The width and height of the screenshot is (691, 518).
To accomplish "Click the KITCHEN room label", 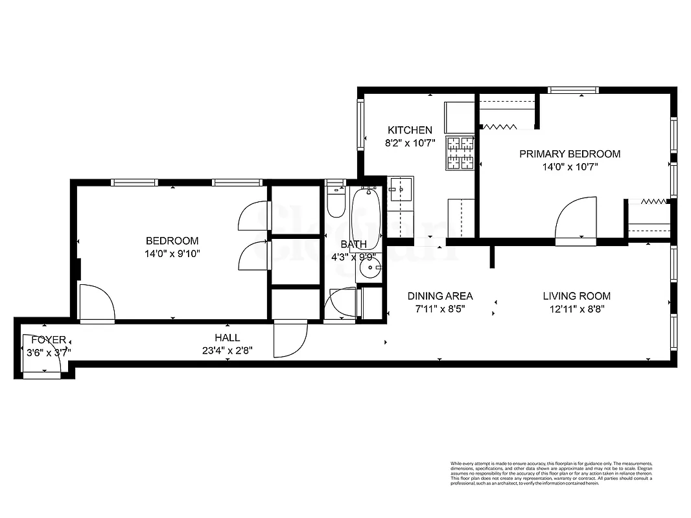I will point(410,130).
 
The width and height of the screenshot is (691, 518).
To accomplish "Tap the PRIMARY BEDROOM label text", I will point(570,154).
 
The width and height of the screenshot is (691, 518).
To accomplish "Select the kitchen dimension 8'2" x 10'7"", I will point(410,144).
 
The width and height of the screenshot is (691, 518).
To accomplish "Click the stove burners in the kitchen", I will point(460,153).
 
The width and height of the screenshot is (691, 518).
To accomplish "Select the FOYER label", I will point(49,340).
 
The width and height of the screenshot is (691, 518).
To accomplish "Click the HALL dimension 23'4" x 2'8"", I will point(227,351).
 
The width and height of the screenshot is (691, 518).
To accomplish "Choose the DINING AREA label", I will point(440,296).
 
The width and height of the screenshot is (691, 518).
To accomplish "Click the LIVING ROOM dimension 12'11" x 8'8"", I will point(576,310).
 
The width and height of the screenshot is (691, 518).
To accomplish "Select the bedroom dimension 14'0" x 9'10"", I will point(172,254).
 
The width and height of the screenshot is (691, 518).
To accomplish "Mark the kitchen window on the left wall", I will point(360,124).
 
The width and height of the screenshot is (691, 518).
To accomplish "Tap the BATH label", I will point(353,244).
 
